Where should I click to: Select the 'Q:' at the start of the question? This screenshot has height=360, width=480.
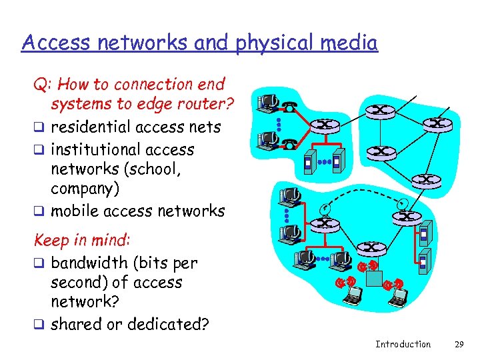(x=44, y=85)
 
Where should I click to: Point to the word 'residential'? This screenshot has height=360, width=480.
(x=91, y=127)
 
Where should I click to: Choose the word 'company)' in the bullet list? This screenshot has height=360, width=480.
(x=85, y=189)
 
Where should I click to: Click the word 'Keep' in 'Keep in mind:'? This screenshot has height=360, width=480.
(x=49, y=239)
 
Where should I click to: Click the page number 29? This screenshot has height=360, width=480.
(x=458, y=344)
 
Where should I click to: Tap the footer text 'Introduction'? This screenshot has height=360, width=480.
(x=403, y=344)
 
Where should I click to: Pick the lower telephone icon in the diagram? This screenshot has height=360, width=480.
(x=289, y=142)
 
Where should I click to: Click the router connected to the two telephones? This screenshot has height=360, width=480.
(x=325, y=124)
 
